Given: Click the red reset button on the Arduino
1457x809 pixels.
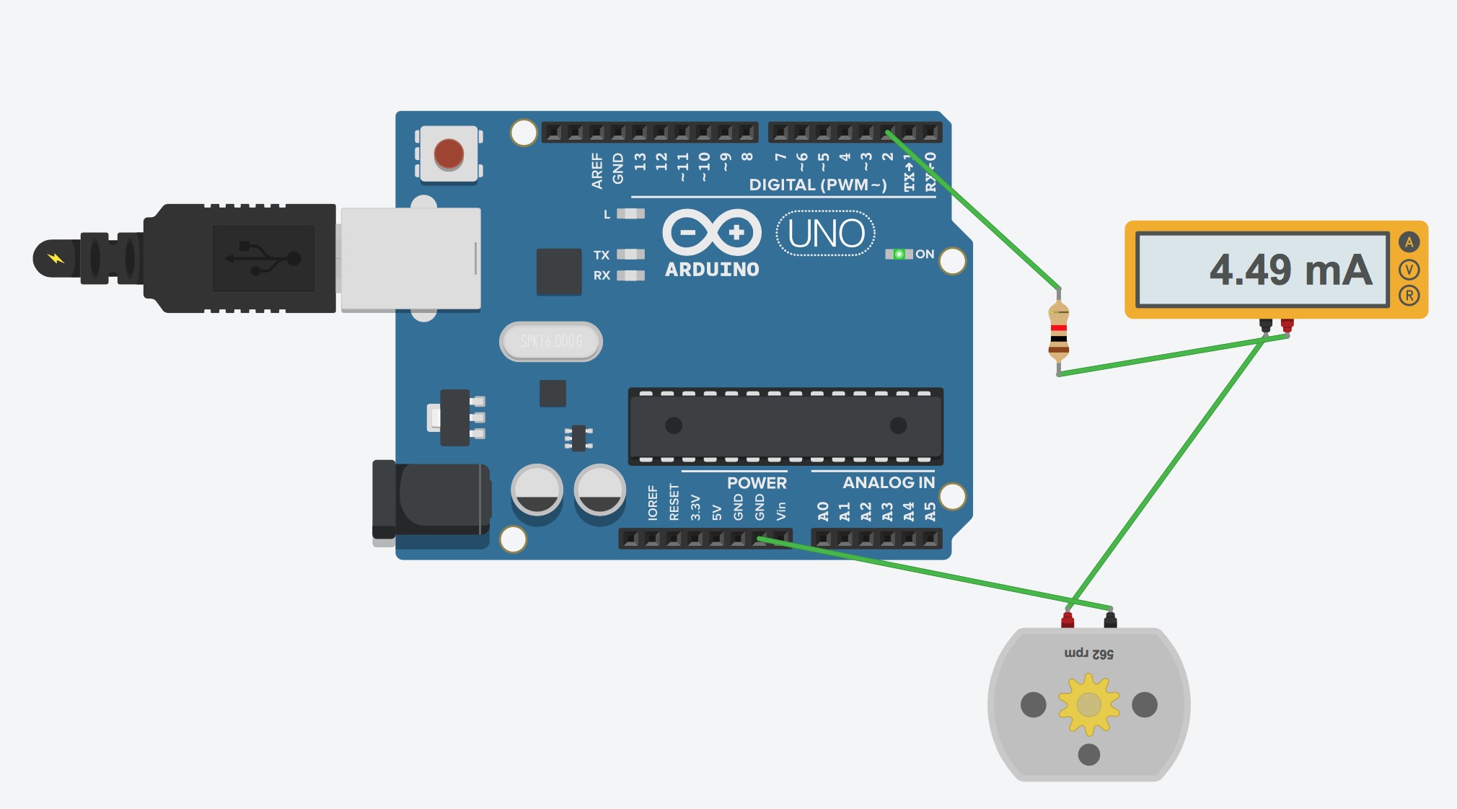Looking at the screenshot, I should [449, 154].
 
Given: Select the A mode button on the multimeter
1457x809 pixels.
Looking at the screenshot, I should [1409, 242].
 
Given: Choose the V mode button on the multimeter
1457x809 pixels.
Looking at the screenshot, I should [1409, 270].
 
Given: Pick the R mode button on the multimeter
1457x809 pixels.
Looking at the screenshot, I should [1409, 295].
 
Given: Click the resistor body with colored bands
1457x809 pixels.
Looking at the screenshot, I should [1058, 332].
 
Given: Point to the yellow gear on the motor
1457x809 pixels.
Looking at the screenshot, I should [1088, 704].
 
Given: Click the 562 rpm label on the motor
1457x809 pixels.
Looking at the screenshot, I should [1088, 654].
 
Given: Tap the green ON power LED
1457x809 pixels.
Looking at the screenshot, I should [899, 254].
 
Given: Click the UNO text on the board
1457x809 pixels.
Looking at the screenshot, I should [826, 234].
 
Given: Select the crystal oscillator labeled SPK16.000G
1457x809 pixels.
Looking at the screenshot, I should [551, 341].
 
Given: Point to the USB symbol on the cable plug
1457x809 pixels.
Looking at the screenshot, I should [263, 258].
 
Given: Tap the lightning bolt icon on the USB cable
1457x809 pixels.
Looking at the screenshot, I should [56, 258].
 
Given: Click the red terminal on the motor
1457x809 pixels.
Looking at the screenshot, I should [1067, 619].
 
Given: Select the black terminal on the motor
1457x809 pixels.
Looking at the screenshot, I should [1110, 619].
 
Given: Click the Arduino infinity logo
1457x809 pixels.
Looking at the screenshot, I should [712, 232].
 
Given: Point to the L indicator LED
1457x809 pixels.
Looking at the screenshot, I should [630, 213].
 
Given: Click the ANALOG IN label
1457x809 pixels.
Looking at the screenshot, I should [889, 482].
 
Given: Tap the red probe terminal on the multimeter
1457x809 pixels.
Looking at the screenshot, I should [1287, 325].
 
